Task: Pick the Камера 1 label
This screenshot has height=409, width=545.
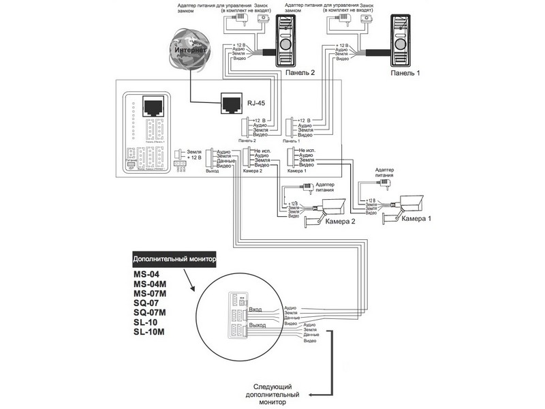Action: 417,219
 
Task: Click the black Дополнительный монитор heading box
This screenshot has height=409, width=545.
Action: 174,259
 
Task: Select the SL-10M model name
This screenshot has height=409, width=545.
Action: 151,332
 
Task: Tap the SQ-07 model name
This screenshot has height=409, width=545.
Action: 146,303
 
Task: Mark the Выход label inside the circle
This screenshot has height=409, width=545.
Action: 258,326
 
